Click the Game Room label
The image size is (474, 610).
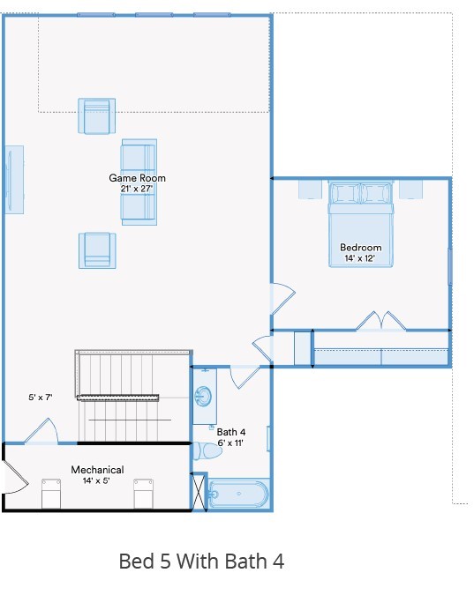(137, 178)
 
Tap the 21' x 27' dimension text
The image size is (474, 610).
(137, 189)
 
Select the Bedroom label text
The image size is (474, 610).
(361, 248)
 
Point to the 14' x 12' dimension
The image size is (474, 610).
(361, 258)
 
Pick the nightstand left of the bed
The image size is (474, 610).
(310, 189)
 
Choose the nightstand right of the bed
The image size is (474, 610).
(411, 189)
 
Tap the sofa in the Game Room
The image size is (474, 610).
(139, 181)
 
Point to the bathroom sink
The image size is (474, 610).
(204, 397)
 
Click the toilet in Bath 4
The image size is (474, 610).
(208, 450)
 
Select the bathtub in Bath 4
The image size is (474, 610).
(238, 495)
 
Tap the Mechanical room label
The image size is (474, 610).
(97, 470)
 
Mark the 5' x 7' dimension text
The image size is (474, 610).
(41, 398)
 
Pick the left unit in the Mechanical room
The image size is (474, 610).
(52, 495)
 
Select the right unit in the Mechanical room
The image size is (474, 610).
(143, 495)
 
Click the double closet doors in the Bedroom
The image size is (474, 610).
(380, 322)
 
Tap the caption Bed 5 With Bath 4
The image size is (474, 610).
(201, 562)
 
